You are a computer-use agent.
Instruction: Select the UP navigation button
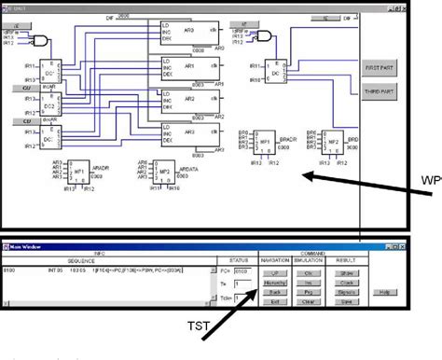point(274,271)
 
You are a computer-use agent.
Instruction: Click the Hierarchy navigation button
point(274,281)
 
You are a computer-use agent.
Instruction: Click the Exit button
point(274,300)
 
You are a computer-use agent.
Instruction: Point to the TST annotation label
point(199,325)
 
